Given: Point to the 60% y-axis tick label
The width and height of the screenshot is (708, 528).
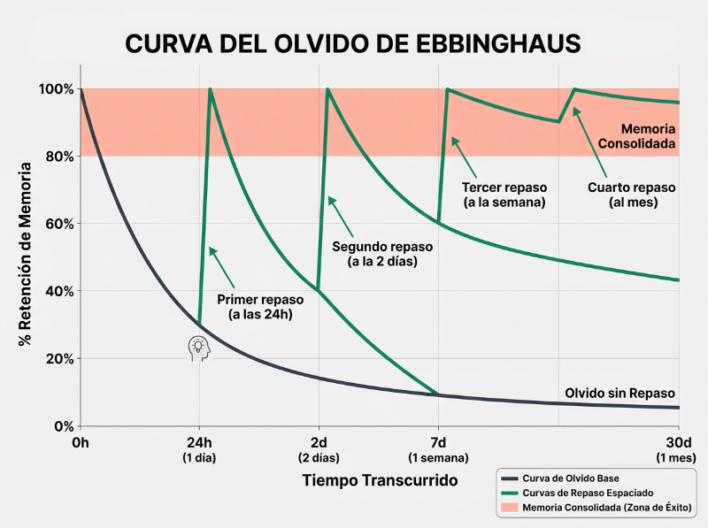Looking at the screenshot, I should pyautogui.click(x=58, y=224).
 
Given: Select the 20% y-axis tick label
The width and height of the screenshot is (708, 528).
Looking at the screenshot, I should pyautogui.click(x=58, y=358).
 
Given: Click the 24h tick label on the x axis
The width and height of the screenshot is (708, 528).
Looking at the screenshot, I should pyautogui.click(x=199, y=443).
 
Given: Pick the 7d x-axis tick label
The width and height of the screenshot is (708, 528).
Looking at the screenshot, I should pyautogui.click(x=438, y=443).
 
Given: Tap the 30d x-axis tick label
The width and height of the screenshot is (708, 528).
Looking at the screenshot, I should pyautogui.click(x=678, y=443).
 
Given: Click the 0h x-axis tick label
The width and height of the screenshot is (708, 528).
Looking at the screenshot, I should pyautogui.click(x=81, y=443).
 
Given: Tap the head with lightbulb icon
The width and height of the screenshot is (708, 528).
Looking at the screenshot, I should pyautogui.click(x=200, y=348).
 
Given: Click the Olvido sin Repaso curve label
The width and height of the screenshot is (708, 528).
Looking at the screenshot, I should pyautogui.click(x=619, y=394).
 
